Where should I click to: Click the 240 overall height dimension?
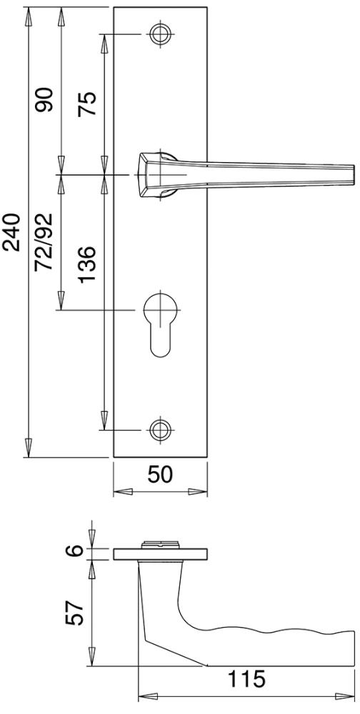tap(11, 232)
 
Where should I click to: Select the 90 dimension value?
tap(45, 100)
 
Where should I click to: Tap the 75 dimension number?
tap(86, 104)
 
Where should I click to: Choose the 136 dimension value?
tap(86, 265)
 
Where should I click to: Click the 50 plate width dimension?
tap(160, 475)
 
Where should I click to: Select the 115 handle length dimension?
tap(246, 680)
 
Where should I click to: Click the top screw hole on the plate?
tap(160, 34)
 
